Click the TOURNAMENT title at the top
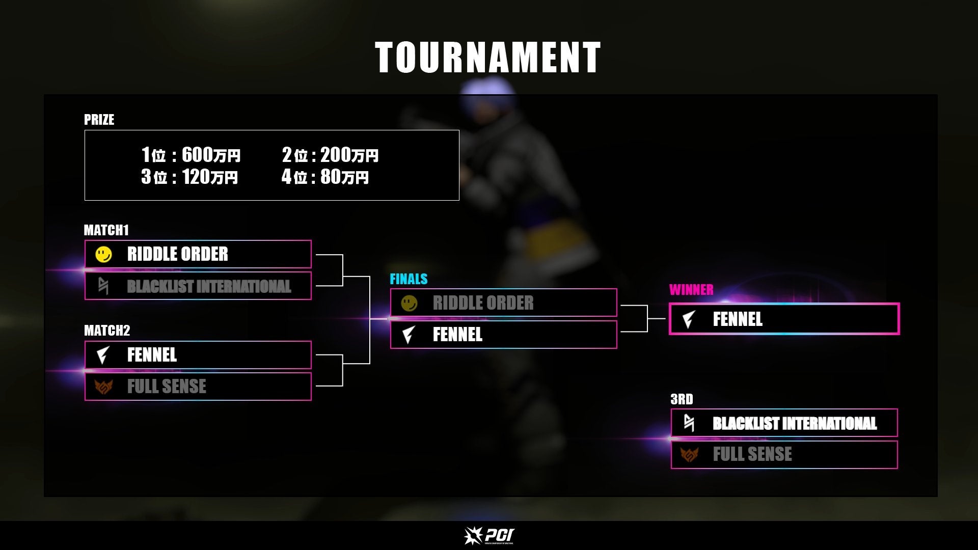click(x=488, y=58)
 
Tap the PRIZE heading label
click(x=99, y=120)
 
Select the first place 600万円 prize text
click(x=191, y=154)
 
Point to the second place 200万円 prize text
click(x=330, y=154)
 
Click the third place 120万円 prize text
click(x=189, y=177)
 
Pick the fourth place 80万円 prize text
click(x=325, y=177)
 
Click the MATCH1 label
click(x=106, y=230)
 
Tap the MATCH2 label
click(x=106, y=331)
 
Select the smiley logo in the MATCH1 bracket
click(x=103, y=254)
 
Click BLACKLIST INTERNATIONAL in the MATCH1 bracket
click(x=209, y=286)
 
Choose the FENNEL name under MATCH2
click(x=152, y=354)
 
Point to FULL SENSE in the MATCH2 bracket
click(x=167, y=387)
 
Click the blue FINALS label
click(x=409, y=279)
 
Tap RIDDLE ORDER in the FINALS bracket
click(x=483, y=303)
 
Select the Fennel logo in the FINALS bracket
click(x=409, y=335)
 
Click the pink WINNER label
click(x=691, y=290)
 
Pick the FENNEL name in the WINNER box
click(x=737, y=319)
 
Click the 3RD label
click(x=682, y=399)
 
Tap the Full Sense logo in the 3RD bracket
click(x=689, y=454)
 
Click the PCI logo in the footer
click(x=489, y=535)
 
